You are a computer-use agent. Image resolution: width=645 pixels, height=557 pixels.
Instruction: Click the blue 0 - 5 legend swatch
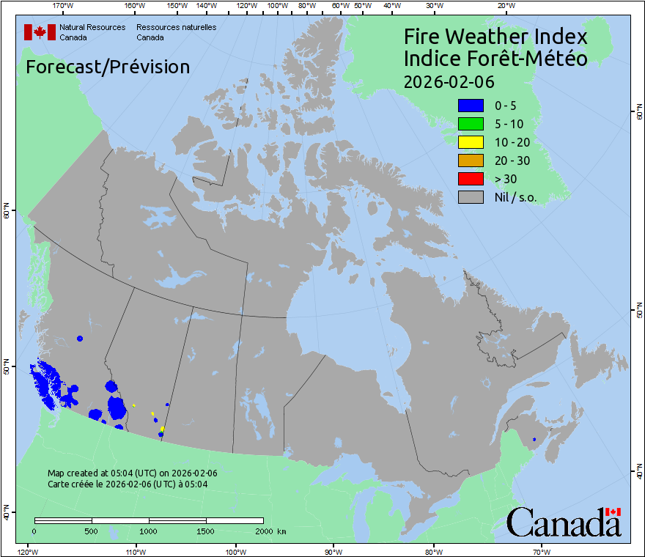[471, 106]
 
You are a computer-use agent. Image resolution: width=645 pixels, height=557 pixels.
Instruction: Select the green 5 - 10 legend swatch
[471, 124]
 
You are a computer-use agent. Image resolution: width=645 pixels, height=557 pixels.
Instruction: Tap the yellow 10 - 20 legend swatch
[471, 142]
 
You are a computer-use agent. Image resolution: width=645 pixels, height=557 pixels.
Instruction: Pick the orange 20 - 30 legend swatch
[471, 161]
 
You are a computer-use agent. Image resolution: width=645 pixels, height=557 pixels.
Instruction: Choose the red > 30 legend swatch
[471, 179]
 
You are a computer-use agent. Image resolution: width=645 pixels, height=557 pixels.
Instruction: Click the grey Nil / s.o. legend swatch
[471, 197]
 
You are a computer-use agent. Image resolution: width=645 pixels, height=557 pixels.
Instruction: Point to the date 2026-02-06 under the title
[449, 81]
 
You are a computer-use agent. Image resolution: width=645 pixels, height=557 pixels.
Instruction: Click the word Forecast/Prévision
[108, 67]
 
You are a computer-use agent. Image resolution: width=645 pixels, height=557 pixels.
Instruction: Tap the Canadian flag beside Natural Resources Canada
[40, 32]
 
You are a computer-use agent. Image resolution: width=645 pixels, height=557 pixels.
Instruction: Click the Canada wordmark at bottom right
[564, 523]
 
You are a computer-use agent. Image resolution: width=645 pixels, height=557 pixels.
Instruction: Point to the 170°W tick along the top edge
[63, 7]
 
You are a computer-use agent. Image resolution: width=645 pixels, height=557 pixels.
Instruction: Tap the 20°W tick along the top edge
[505, 7]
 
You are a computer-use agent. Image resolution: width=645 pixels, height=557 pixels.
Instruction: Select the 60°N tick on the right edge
[638, 112]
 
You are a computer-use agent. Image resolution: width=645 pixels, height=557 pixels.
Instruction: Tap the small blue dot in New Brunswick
[534, 439]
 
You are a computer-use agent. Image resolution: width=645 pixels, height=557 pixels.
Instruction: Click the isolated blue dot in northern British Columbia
[80, 339]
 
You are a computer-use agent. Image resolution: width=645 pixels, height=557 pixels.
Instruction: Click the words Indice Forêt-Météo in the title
[495, 59]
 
